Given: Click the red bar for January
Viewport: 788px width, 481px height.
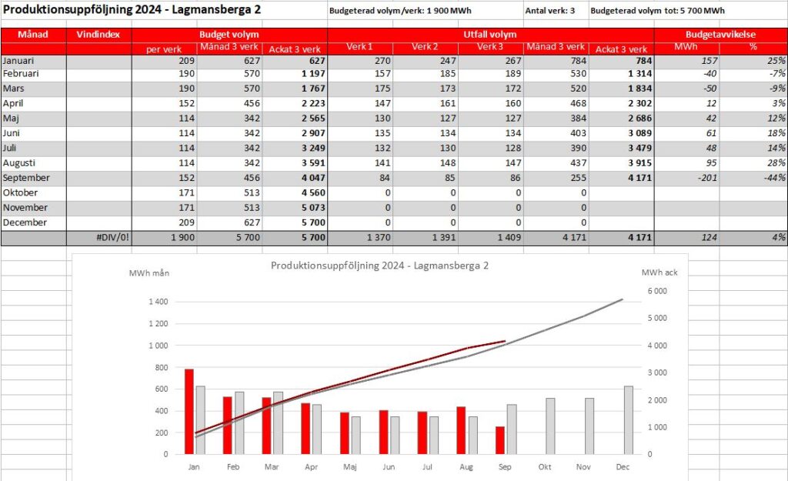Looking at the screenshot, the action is tap(189, 412).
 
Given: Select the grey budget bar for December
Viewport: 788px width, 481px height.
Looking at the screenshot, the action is tap(628, 420).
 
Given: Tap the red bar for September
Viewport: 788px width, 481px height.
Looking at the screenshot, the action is tap(500, 440).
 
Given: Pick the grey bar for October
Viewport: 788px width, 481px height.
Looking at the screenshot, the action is tap(550, 426).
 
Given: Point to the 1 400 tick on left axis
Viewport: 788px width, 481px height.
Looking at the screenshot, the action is tap(159, 302).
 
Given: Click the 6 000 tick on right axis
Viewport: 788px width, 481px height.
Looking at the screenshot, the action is tap(657, 291).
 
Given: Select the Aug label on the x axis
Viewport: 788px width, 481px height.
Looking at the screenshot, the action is tap(466, 467).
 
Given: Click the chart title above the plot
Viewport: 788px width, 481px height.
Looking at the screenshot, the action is tap(379, 266).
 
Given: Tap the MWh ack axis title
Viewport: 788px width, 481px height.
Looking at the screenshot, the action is tap(659, 272).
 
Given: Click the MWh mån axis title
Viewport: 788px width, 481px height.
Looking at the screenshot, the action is tap(149, 273).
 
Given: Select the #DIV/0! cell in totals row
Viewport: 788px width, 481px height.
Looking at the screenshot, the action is tap(113, 237).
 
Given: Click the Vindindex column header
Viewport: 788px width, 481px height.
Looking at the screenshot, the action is tap(98, 35).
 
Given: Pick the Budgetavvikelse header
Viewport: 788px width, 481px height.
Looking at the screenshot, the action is tap(720, 35).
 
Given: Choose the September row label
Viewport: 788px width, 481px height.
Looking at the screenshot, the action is tap(26, 178).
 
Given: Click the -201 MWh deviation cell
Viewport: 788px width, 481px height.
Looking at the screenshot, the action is tap(707, 178).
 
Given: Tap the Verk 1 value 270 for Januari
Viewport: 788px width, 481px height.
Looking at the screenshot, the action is tap(382, 61).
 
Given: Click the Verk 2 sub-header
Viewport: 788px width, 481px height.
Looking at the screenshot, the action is tap(425, 47).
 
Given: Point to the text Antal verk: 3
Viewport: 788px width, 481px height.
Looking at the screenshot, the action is tap(549, 11).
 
